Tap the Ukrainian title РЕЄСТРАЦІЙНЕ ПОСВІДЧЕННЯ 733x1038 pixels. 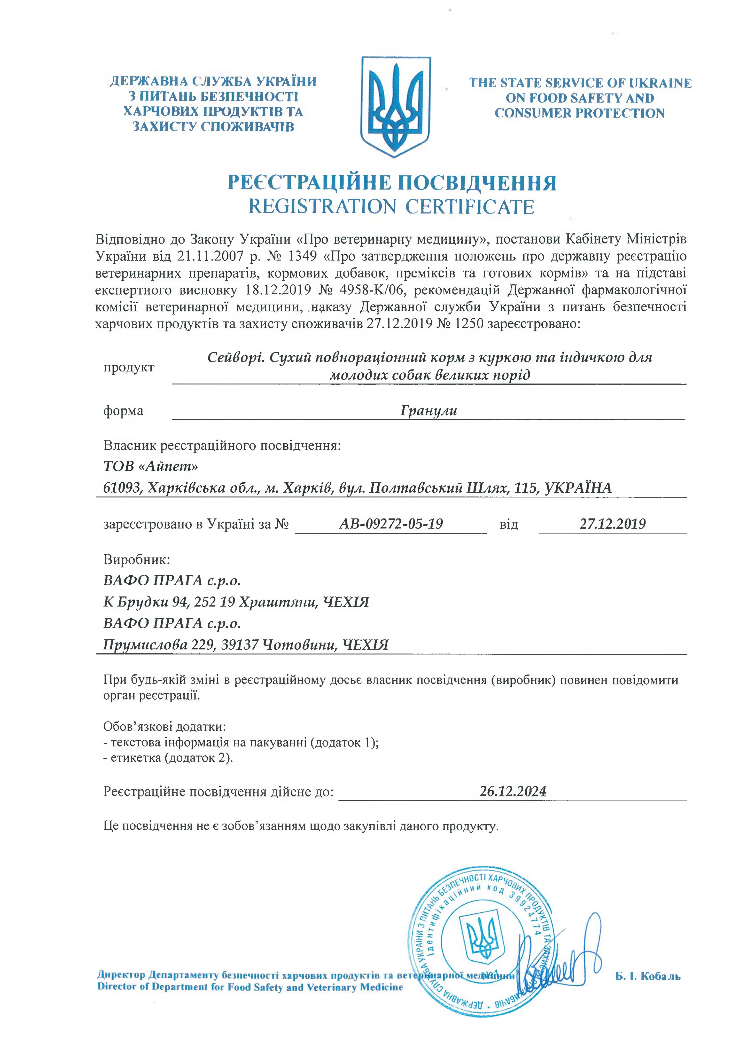click(x=392, y=183)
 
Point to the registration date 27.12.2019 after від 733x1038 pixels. click(x=612, y=524)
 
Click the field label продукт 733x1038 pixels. click(x=129, y=367)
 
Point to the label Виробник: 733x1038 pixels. click(x=136, y=559)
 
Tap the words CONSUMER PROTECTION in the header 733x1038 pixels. click(x=579, y=113)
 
